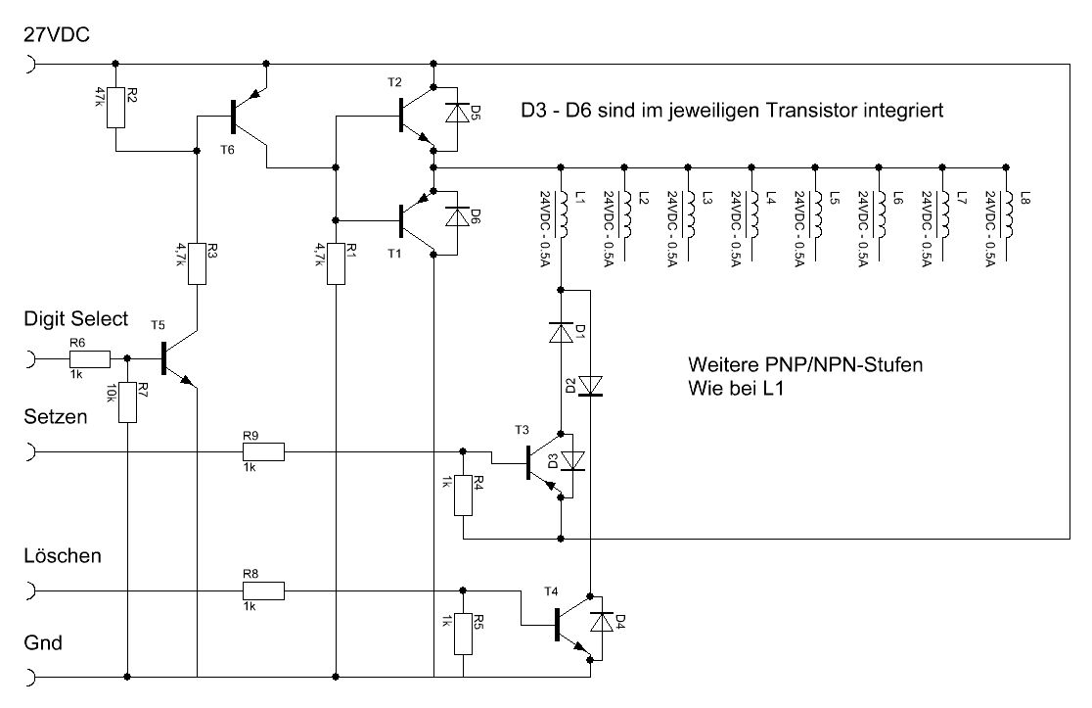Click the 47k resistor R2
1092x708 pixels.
click(x=115, y=108)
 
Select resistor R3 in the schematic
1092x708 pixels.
click(x=197, y=264)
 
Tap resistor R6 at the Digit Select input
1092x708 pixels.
click(x=90, y=358)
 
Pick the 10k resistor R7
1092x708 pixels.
click(x=127, y=402)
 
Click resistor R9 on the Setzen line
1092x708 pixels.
click(x=263, y=452)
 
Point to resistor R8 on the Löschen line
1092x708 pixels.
click(x=263, y=590)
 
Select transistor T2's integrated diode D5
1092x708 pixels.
click(x=457, y=114)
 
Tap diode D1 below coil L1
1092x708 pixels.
click(x=561, y=332)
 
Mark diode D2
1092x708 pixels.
click(x=591, y=386)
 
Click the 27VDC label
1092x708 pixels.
click(x=57, y=35)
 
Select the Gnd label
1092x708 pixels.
click(x=43, y=642)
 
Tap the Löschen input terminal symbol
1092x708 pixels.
click(x=30, y=590)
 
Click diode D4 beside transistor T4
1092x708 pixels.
click(x=602, y=621)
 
